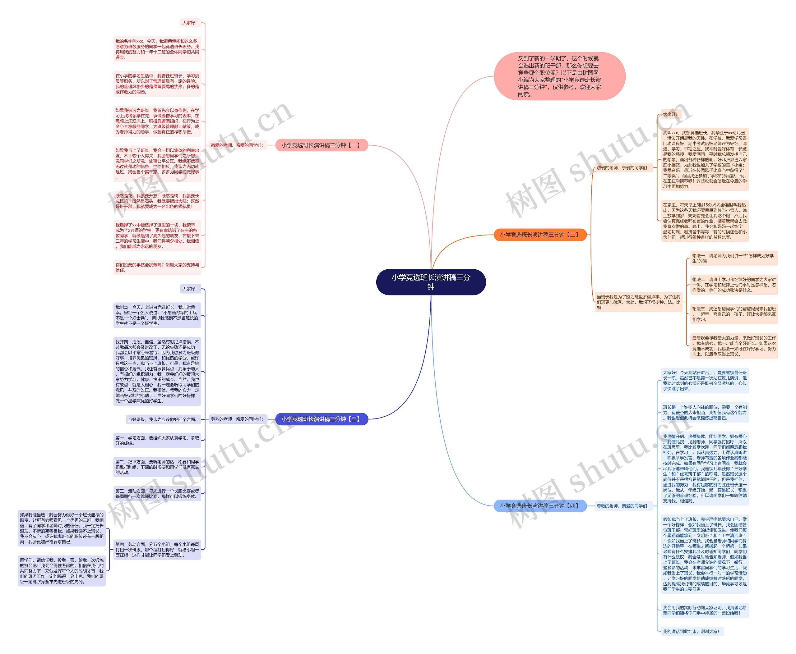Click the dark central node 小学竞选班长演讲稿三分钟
431,282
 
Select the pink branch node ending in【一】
321,145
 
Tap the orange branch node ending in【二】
540,235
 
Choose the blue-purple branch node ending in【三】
321,419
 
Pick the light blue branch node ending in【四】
540,505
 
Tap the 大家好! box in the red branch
190,23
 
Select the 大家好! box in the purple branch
190,289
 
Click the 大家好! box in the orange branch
670,114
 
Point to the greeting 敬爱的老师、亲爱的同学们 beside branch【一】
237,145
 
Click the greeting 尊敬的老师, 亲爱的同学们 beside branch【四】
623,506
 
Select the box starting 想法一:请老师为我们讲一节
734,258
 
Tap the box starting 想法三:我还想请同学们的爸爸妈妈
734,314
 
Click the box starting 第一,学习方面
157,440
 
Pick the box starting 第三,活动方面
157,493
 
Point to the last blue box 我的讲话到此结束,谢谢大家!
691,631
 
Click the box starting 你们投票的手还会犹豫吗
157,268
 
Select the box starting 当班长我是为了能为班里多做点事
638,302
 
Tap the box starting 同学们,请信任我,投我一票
62,571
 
